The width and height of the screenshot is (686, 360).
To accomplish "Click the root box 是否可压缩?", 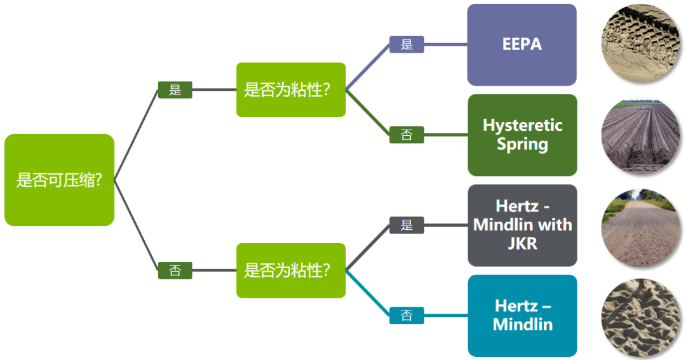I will [x=59, y=180].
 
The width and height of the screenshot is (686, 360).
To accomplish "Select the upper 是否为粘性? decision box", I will [x=291, y=90].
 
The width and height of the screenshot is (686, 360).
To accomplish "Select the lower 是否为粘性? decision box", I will [x=291, y=270].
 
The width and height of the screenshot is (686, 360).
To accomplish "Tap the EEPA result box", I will [x=521, y=44].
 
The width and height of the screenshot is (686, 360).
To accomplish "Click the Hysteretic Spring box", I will [x=522, y=135].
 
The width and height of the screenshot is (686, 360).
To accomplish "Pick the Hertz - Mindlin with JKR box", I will [x=522, y=225].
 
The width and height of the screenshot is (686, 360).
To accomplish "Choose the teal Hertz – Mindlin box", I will [x=522, y=315].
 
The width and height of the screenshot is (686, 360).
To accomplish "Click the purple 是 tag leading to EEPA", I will [x=407, y=44].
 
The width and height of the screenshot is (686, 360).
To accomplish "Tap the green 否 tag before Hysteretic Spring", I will [x=407, y=135].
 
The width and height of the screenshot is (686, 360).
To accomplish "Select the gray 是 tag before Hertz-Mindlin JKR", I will [x=407, y=225].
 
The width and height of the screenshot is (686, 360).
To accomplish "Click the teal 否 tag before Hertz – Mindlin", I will [x=407, y=315].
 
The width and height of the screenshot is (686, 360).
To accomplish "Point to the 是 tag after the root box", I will [x=175, y=90].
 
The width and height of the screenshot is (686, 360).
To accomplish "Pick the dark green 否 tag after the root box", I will [x=175, y=270].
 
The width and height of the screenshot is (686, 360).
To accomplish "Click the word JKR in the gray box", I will [x=522, y=243].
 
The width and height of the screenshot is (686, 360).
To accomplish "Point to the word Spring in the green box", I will [x=522, y=144].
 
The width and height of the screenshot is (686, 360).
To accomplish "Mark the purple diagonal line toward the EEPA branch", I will [x=368, y=67].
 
